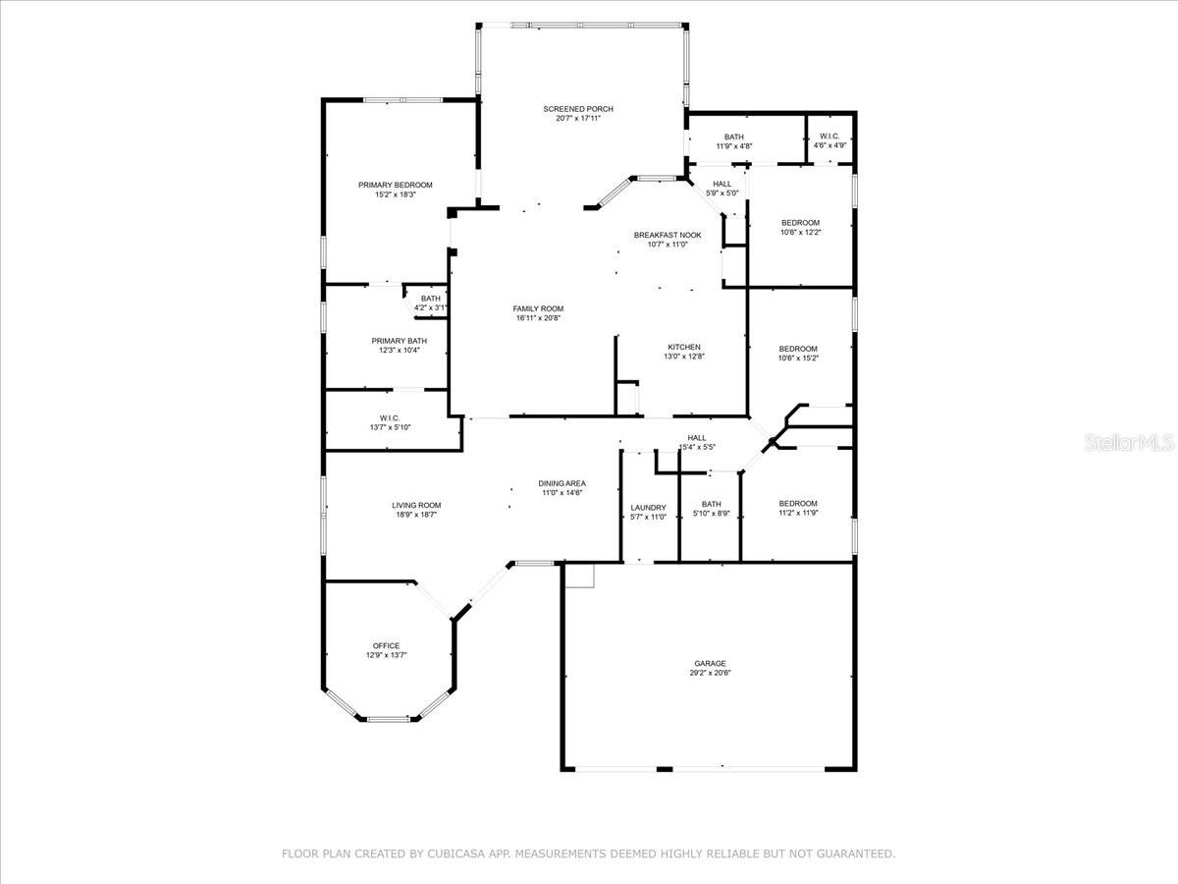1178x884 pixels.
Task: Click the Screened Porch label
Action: [x=578, y=109]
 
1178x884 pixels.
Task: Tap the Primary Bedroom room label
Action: [x=395, y=185]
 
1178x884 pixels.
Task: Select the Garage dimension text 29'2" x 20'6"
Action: [x=710, y=673]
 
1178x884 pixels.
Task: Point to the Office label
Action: [x=386, y=645]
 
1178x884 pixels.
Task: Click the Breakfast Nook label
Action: [x=668, y=235]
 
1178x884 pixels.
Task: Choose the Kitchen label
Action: [x=684, y=347]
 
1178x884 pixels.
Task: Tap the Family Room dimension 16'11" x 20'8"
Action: [x=539, y=318]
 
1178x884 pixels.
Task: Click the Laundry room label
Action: [x=648, y=508]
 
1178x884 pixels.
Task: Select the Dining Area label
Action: [x=562, y=483]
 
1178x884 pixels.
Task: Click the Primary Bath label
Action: [x=399, y=341]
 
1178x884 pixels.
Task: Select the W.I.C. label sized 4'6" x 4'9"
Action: [x=830, y=137]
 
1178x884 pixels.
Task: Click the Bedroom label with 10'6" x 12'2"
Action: [x=800, y=223]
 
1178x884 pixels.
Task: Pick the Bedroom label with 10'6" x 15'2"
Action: [x=798, y=349]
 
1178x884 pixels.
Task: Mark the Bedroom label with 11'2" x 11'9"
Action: [x=798, y=503]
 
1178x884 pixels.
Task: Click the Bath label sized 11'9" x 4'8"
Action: [x=734, y=137]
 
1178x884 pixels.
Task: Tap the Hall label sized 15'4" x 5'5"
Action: [x=696, y=438]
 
